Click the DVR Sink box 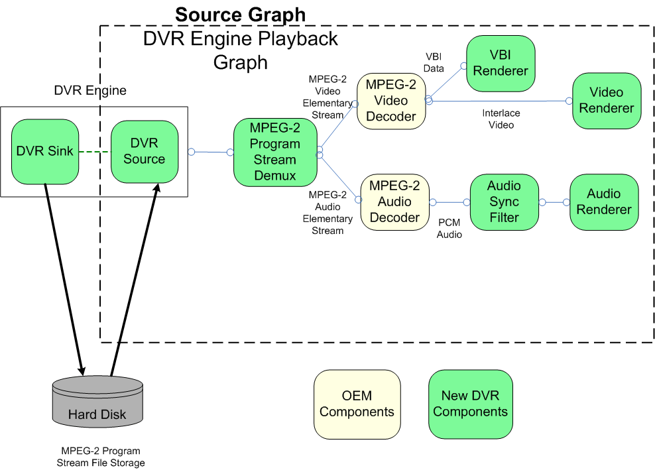[45, 151]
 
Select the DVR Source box [144, 151]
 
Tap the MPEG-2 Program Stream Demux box [274, 152]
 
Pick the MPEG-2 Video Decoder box [391, 101]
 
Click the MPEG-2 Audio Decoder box [394, 202]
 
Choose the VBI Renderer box [501, 63]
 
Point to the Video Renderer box [607, 100]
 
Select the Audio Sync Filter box [504, 202]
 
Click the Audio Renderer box [604, 202]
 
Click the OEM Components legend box [357, 404]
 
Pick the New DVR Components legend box [470, 404]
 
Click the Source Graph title [240, 15]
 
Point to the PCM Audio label [449, 229]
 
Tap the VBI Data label [434, 62]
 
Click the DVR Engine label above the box [89, 90]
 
